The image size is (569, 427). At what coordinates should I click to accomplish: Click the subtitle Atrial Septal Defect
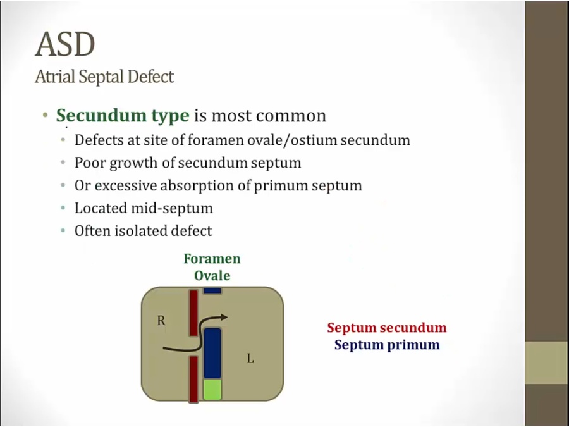(x=104, y=77)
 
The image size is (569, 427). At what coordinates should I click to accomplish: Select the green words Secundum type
(x=123, y=116)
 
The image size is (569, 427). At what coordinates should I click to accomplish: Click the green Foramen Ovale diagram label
(x=212, y=267)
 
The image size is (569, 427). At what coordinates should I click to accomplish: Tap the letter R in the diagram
(x=161, y=321)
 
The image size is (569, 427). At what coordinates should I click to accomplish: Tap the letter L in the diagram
(x=250, y=359)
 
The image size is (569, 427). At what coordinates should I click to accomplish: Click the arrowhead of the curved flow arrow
(x=223, y=318)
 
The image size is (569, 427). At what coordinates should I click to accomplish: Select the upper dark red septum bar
(x=193, y=313)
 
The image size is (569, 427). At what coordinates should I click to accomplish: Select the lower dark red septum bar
(x=194, y=380)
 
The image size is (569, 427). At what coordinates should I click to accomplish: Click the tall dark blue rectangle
(x=212, y=353)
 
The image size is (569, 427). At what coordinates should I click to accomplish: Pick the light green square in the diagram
(x=212, y=390)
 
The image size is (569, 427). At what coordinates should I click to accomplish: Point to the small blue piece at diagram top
(x=212, y=290)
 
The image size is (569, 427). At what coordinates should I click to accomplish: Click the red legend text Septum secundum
(x=387, y=328)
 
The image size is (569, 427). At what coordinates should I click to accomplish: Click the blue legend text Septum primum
(x=387, y=344)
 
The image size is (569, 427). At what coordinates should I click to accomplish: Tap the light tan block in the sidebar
(x=547, y=362)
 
